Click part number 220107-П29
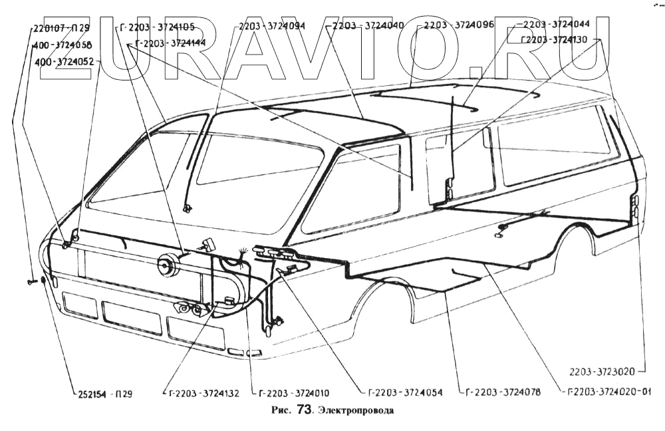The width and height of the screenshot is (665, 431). point(61,29)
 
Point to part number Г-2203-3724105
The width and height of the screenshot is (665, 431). point(159,28)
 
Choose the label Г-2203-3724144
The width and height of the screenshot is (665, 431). point(170,43)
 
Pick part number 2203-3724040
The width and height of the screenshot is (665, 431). point(367,27)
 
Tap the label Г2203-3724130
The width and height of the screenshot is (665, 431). point(554,40)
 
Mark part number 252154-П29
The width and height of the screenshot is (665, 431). point(102,393)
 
